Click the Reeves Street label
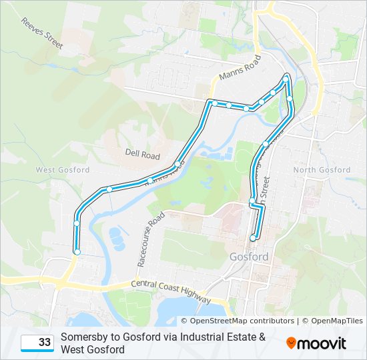coord(41,33)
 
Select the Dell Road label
coord(142,155)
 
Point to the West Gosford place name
coord(62,170)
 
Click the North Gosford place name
coord(322,170)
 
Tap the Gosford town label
coord(248,257)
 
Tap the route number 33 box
coord(37,343)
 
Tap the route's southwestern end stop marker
coord(77,252)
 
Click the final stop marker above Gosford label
coord(253,238)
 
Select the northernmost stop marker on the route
coord(286,79)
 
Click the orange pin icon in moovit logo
coord(292,343)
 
